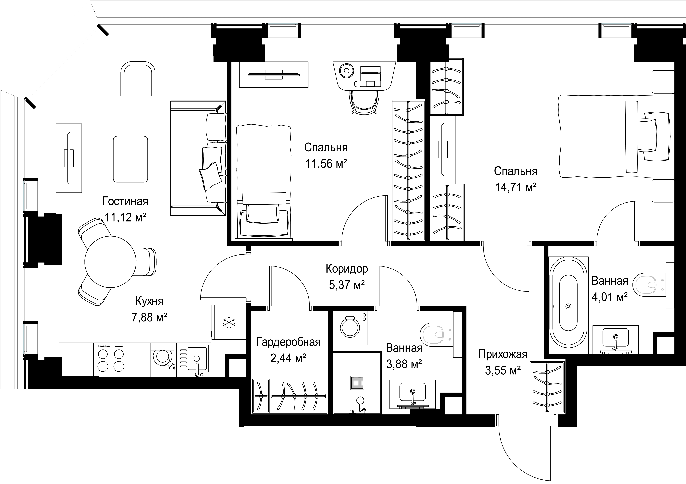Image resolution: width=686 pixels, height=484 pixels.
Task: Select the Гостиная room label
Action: [125, 201]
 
